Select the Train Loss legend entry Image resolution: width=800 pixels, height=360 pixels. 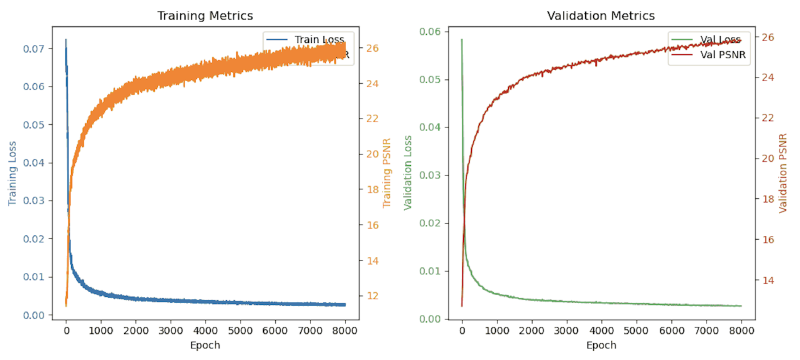click(x=318, y=40)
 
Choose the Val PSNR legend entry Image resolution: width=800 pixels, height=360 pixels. click(x=721, y=55)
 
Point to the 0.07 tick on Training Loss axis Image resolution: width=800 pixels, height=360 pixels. click(x=33, y=48)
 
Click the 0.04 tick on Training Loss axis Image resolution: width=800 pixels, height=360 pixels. click(x=33, y=162)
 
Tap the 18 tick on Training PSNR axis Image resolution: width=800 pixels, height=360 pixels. click(x=372, y=190)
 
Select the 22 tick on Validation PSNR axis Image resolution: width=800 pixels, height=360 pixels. click(x=768, y=118)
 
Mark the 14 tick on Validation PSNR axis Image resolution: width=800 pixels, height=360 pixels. click(x=768, y=280)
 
